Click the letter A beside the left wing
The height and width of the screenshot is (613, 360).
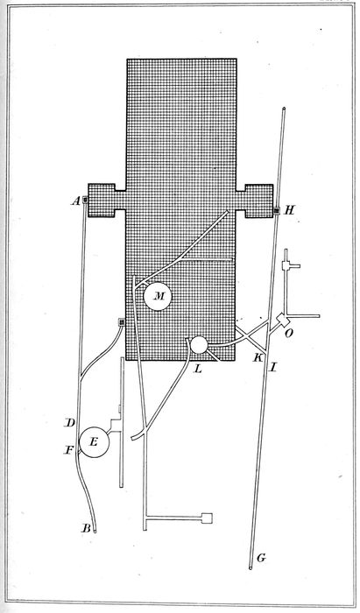coord(76,201)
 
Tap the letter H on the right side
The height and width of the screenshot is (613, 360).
coord(289,210)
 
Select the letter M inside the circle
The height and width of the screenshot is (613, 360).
coord(159,296)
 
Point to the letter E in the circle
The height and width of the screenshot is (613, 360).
coord(94,441)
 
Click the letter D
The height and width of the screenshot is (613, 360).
coord(71,423)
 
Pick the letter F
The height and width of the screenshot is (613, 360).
coord(69,450)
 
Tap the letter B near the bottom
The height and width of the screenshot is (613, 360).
coord(86,529)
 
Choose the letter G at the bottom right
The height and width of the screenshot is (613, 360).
coord(261,559)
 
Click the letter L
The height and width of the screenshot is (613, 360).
coord(198,369)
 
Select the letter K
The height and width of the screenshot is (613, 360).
coord(258,357)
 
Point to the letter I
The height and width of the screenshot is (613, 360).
coord(273,367)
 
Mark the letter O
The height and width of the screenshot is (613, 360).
coord(289,334)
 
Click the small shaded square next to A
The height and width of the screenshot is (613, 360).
coord(85,201)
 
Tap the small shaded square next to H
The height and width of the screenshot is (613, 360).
coord(277,211)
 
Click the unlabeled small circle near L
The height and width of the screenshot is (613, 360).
coord(199,345)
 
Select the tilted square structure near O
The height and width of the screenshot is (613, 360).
coord(283,321)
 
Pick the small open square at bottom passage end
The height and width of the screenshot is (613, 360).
coord(207,518)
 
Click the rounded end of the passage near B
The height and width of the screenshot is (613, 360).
coord(95,532)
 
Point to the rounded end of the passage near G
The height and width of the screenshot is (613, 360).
coord(251,567)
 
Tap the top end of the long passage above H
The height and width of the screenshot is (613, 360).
coord(284,109)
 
